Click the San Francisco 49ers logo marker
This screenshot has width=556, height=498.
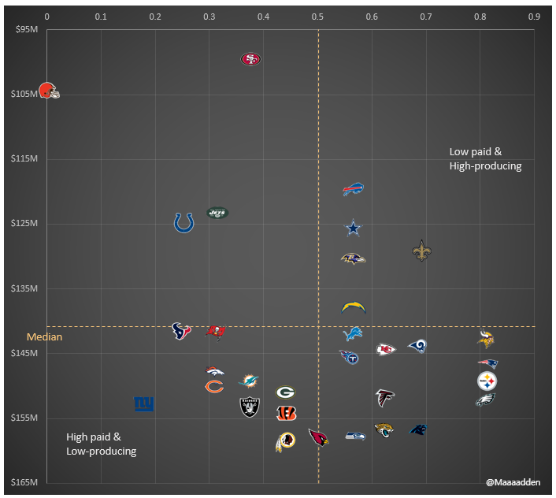[250, 59]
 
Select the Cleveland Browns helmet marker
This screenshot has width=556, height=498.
[49, 91]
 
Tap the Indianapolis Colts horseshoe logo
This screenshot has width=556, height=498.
[183, 223]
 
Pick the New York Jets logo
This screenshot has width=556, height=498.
[217, 212]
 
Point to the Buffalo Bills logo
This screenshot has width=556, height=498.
[353, 189]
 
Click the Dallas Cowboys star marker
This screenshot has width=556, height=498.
[354, 228]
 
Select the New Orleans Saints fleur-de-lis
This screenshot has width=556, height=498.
[421, 251]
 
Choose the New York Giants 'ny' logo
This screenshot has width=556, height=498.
[143, 404]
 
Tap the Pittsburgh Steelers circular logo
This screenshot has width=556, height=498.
[487, 381]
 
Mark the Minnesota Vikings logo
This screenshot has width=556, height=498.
[487, 339]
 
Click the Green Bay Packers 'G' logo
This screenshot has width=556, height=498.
[285, 392]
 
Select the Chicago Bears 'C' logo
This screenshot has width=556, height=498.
[213, 386]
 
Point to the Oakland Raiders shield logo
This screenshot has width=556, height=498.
[249, 407]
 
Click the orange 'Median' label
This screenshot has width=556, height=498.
[44, 337]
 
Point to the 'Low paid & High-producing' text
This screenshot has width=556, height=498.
[485, 158]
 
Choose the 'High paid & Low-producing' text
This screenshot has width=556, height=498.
[102, 444]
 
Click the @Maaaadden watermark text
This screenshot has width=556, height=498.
[513, 481]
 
